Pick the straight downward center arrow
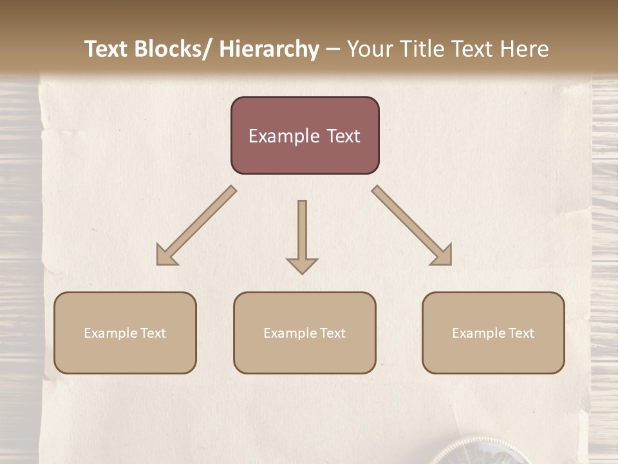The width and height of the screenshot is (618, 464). tap(302, 235)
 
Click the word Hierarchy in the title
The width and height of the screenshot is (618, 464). tap(269, 49)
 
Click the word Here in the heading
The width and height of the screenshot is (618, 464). tap(525, 49)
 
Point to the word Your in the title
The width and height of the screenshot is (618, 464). tap(370, 49)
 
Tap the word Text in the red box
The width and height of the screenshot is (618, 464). tap(343, 136)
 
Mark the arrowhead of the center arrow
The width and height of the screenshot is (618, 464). tap(302, 266)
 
